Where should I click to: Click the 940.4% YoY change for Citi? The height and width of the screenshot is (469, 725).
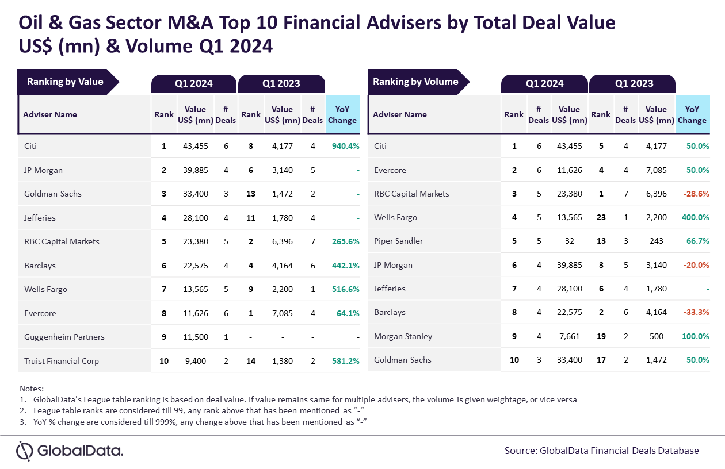345,146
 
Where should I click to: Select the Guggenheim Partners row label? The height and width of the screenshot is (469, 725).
64,337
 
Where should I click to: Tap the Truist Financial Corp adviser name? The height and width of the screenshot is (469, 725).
62,361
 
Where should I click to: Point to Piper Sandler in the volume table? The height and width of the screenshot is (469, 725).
398,241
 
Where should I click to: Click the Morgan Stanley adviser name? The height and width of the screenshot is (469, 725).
403,336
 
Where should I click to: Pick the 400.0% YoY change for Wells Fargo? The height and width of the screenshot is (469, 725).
695,217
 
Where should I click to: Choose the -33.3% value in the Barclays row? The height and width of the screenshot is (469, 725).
696,313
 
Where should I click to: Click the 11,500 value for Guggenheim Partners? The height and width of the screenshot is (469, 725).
196,337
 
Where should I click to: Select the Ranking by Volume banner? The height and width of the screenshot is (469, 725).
418,82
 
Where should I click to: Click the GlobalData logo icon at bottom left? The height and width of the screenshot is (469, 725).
25,451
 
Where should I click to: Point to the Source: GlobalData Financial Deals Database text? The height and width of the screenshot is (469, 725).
601,451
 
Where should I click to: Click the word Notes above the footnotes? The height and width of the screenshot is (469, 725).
32,389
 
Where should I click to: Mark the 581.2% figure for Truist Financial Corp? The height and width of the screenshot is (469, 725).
345,361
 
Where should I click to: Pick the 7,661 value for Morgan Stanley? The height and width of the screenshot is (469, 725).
569,336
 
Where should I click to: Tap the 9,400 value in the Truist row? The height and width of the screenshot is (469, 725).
196,361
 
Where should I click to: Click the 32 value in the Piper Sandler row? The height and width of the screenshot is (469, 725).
569,241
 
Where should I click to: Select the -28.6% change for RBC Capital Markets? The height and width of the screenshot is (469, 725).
696,194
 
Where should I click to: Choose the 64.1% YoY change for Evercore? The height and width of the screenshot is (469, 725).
348,313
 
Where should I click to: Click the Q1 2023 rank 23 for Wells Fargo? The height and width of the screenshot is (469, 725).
601,217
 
